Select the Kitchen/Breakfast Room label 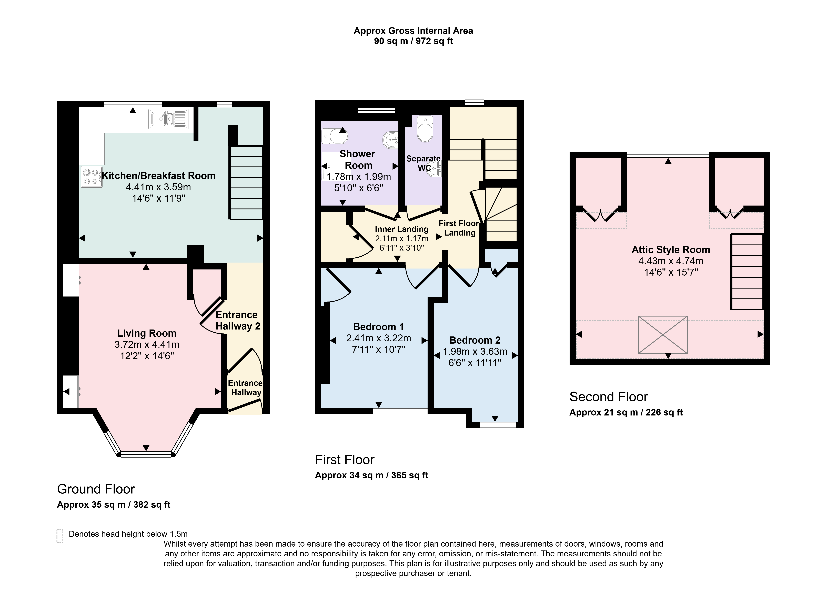[159, 176]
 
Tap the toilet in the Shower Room [335, 136]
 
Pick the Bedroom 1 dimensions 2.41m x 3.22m [379, 338]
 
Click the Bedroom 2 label [475, 340]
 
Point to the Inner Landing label [401, 229]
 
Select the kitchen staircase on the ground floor [246, 183]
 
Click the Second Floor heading [608, 397]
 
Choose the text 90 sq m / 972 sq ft [413, 41]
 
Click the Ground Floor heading [96, 489]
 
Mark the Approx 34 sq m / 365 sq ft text [371, 475]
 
